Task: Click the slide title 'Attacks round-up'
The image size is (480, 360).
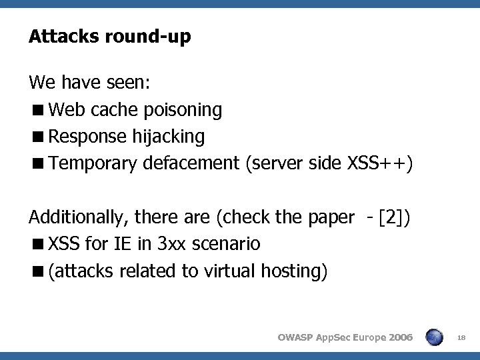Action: [109, 37]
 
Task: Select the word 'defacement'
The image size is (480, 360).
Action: [191, 164]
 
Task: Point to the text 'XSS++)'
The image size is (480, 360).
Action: [385, 164]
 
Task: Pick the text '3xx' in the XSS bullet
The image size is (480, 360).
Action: [173, 244]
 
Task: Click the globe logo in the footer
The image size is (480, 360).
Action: [435, 338]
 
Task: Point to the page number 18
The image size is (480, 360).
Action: [461, 339]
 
